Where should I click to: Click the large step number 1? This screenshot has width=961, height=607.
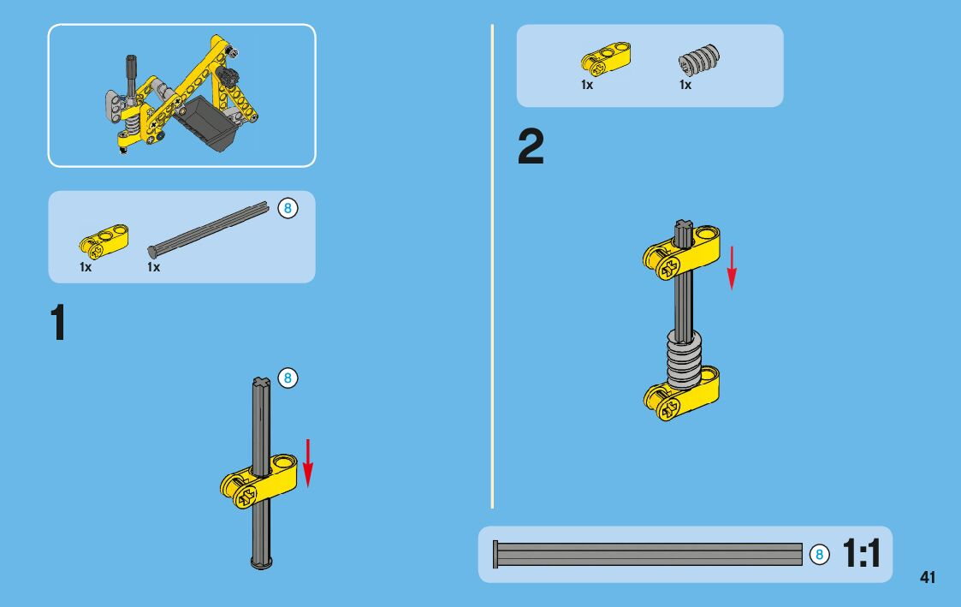tap(58, 322)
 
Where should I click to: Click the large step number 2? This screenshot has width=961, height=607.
tap(531, 146)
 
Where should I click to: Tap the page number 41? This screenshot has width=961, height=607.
tap(928, 577)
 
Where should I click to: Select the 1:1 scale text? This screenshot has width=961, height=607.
tap(862, 553)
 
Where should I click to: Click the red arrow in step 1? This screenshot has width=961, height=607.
tap(308, 463)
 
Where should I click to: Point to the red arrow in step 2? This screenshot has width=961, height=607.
tap(731, 268)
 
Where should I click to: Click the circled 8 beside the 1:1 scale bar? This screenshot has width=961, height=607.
tap(820, 555)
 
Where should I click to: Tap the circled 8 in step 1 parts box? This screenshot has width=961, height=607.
tap(288, 208)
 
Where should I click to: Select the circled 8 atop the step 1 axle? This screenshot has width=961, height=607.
tap(288, 378)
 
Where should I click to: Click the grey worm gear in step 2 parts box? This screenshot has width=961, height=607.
tap(699, 60)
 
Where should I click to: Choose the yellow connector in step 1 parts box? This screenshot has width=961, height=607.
tap(104, 241)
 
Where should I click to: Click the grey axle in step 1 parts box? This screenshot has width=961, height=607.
tap(209, 229)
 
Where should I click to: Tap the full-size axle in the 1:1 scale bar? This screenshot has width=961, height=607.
tap(648, 554)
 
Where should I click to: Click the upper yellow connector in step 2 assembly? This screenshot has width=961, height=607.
tap(681, 252)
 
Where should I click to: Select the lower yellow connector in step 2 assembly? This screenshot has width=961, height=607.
tap(681, 393)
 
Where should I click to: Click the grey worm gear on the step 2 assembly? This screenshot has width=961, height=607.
tap(684, 360)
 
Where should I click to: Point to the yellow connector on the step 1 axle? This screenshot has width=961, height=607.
tap(258, 482)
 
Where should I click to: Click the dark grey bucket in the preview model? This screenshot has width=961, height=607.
tap(206, 123)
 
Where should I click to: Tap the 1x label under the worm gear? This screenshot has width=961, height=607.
tap(685, 85)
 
